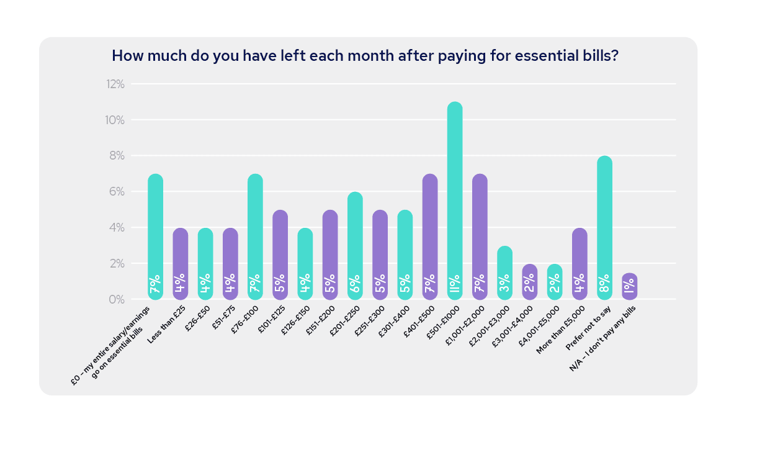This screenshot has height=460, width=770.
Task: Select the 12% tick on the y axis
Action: click(x=115, y=84)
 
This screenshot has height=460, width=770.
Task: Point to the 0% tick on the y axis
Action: click(x=117, y=300)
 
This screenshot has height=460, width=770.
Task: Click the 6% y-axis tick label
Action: click(x=117, y=192)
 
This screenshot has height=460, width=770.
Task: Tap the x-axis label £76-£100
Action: click(x=245, y=319)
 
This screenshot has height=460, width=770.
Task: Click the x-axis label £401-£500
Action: click(x=419, y=320)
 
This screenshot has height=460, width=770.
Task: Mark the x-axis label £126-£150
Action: click(x=295, y=320)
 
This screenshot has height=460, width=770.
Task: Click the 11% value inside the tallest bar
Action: click(x=455, y=284)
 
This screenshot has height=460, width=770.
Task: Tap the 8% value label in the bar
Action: click(x=604, y=284)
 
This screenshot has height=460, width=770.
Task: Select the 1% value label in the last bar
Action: click(x=629, y=286)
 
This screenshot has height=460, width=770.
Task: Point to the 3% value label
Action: click(x=504, y=284)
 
